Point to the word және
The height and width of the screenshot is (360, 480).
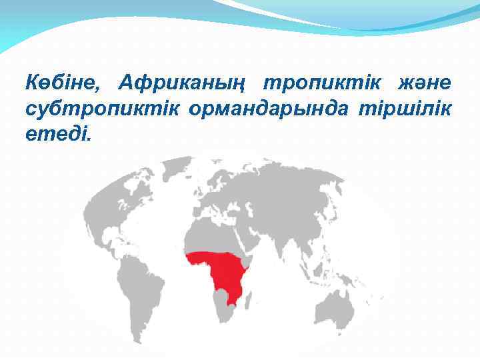click(425, 84)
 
